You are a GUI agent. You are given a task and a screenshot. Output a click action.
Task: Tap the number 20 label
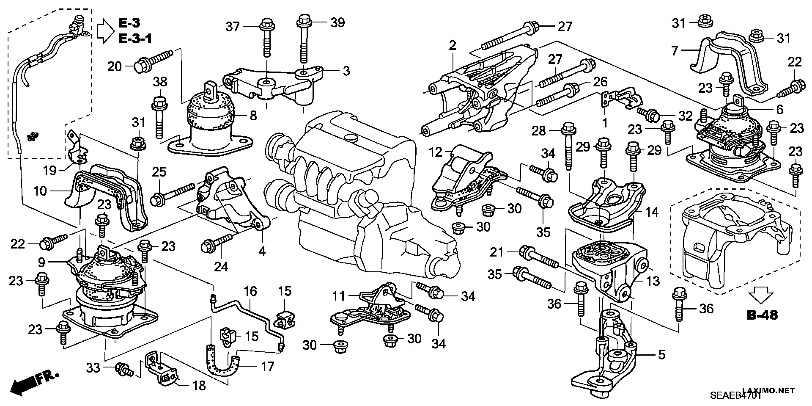point(115,66)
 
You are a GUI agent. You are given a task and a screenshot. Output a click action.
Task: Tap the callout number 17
point(267,366)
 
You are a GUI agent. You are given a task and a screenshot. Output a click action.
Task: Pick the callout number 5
point(661,354)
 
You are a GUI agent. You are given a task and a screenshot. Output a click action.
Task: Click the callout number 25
point(159,172)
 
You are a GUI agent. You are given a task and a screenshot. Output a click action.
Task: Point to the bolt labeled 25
point(174,193)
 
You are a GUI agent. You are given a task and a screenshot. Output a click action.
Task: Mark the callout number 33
point(93,368)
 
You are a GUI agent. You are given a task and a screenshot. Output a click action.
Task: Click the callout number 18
point(199,386)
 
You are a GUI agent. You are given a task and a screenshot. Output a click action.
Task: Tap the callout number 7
point(675,51)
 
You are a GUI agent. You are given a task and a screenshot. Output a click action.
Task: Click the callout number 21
point(497,253)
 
